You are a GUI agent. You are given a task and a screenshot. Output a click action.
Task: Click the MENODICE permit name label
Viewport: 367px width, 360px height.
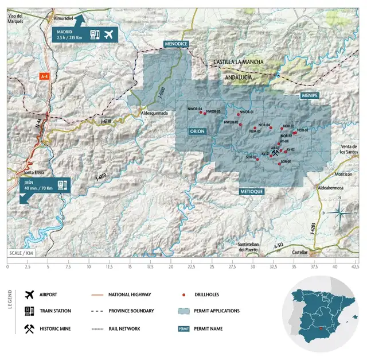click(x=175, y=44)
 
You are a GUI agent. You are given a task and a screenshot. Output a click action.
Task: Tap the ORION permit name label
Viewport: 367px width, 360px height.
click(x=197, y=131)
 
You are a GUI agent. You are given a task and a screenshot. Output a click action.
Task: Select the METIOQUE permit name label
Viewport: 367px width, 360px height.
click(x=252, y=191)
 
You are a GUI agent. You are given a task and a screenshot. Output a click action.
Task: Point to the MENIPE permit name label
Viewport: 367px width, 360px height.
click(x=309, y=96)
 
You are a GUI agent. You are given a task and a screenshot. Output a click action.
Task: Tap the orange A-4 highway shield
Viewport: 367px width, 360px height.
click(x=44, y=76)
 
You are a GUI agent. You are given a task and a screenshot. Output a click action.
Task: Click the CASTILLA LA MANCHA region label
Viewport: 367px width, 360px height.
click(x=238, y=61)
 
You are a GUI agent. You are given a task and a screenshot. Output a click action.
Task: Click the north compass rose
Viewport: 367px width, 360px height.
click(x=339, y=212)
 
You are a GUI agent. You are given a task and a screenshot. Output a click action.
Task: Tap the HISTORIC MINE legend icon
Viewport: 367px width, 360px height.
click(x=29, y=328)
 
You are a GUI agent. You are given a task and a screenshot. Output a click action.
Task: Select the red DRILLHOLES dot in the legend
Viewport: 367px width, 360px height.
click(x=183, y=295)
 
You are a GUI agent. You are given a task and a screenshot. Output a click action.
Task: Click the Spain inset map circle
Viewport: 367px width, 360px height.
click(x=325, y=313)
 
